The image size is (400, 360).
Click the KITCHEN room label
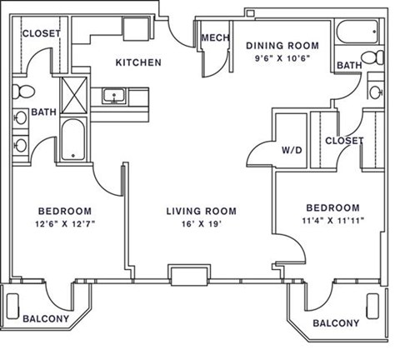(138, 62)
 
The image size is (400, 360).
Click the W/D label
(292, 151)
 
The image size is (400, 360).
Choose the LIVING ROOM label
(201, 211)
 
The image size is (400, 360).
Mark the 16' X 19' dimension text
(201, 224)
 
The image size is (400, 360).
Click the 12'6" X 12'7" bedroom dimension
(64, 224)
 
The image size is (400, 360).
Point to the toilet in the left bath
(24, 90)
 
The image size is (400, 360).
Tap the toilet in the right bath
(377, 89)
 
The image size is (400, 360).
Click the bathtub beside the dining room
(356, 35)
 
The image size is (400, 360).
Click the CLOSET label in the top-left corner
(39, 33)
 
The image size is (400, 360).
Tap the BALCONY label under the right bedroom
(336, 323)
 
